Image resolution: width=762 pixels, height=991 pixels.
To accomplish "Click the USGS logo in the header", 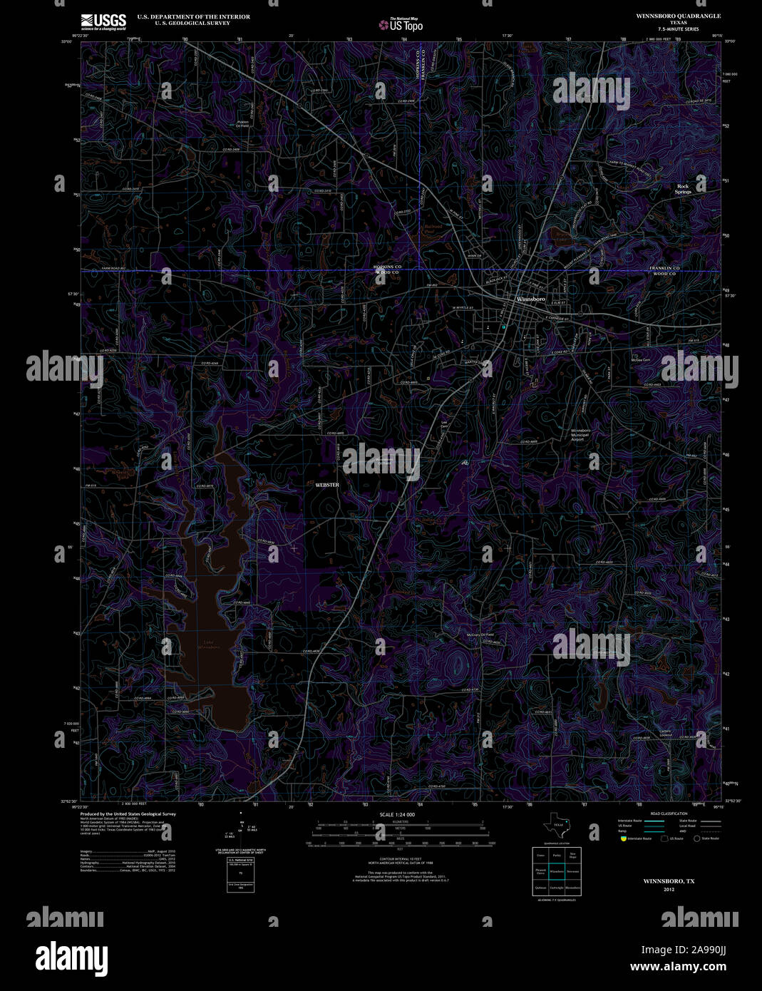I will tap(103, 20).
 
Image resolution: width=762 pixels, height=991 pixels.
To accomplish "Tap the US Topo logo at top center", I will tap(401, 24).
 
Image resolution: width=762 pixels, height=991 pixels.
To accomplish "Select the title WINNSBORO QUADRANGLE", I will tap(668, 16).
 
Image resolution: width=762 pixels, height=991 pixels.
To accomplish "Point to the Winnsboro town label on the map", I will tap(530, 299).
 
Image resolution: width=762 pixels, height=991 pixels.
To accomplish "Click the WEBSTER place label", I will tap(327, 485).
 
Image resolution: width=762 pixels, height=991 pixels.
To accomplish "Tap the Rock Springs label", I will tap(684, 189).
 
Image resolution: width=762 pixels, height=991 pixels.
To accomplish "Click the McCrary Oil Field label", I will tap(480, 635).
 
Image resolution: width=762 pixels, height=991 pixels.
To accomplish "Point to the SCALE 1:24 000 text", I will tap(397, 814).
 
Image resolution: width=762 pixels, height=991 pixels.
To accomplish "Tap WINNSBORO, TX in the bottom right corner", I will tap(669, 881).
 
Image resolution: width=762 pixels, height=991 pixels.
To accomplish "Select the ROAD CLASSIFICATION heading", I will tap(669, 813).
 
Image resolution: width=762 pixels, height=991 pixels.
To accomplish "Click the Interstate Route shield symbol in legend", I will tap(623, 838).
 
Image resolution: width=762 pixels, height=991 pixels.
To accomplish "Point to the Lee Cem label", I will tap(444, 423).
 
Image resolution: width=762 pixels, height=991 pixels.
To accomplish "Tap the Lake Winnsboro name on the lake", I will tap(208, 645).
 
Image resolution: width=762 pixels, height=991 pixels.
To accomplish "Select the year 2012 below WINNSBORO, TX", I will tap(669, 890).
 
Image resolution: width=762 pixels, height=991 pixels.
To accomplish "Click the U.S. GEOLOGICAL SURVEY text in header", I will tap(184, 23).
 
